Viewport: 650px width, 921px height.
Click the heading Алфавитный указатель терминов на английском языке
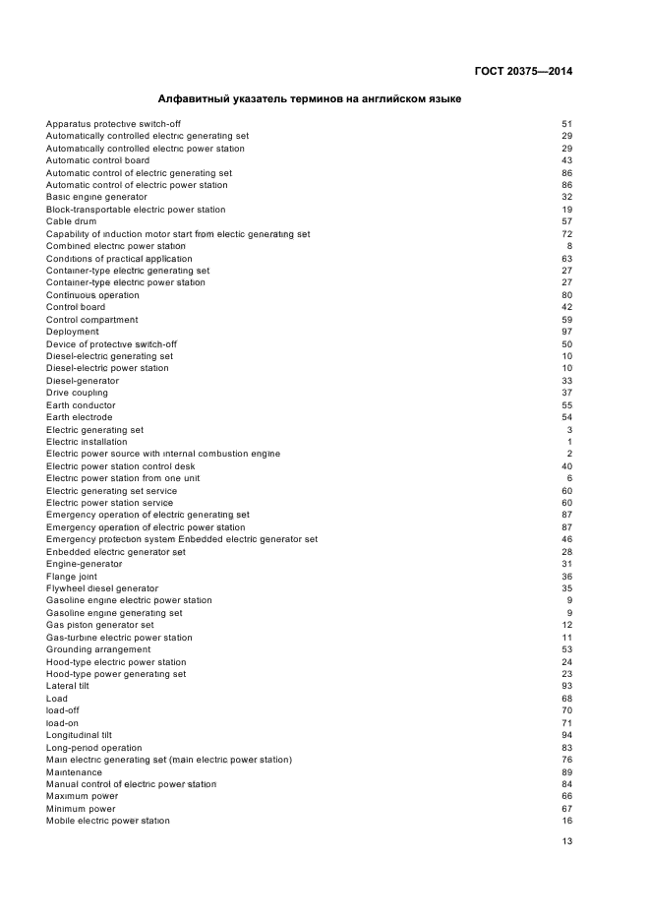click(x=310, y=99)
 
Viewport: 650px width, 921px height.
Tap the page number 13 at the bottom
click(x=566, y=841)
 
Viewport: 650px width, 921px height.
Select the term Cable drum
click(x=71, y=221)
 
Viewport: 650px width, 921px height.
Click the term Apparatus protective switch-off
click(x=113, y=124)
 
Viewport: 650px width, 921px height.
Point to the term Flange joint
click(x=72, y=577)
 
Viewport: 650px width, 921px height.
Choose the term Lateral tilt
click(x=67, y=687)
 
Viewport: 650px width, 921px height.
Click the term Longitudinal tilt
click(x=80, y=735)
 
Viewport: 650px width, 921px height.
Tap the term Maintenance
click(x=74, y=772)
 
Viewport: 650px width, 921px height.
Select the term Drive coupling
click(x=77, y=393)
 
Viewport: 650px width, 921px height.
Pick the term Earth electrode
click(x=80, y=417)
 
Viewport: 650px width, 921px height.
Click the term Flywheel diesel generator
click(x=102, y=588)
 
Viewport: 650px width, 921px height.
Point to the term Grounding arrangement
click(x=98, y=649)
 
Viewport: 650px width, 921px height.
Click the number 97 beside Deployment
click(x=566, y=332)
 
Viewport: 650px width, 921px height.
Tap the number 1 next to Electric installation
click(x=569, y=442)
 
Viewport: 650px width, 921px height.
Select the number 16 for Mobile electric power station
click(x=566, y=821)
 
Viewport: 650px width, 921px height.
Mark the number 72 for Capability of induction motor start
click(x=566, y=234)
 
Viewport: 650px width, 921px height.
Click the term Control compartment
click(x=92, y=320)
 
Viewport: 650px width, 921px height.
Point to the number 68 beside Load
click(x=566, y=699)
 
